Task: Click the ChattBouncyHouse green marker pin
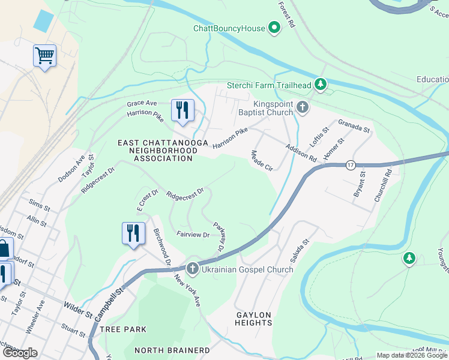[274, 28]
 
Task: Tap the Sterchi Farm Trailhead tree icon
[321, 85]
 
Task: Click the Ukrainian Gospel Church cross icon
[193, 269]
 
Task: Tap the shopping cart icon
[44, 56]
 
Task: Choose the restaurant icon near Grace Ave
[182, 110]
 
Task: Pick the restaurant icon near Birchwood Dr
[133, 233]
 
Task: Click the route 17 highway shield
[350, 164]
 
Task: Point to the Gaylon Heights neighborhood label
[253, 319]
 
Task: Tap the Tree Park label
[123, 329]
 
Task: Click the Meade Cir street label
[262, 161]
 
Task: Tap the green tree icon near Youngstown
[409, 258]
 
